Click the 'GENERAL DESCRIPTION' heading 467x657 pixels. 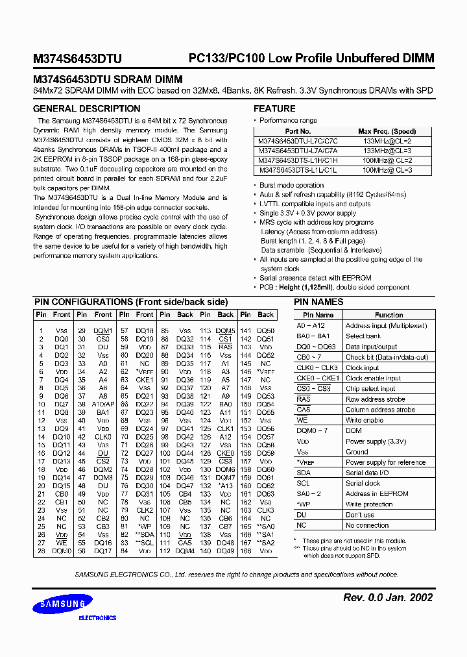(x=86, y=108)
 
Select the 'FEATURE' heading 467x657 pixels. (x=274, y=108)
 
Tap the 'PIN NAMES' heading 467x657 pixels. (x=318, y=302)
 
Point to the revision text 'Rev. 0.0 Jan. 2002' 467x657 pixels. (x=387, y=597)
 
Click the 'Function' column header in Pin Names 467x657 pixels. (x=389, y=315)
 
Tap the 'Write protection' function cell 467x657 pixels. (x=368, y=504)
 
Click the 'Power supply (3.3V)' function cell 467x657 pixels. (x=376, y=441)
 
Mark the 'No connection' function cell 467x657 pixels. (x=367, y=525)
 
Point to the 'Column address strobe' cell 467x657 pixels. (x=380, y=410)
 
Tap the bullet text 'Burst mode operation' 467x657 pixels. (x=291, y=185)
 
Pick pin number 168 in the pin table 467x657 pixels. (x=246, y=551)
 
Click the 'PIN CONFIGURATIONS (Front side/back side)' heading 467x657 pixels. (x=130, y=302)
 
